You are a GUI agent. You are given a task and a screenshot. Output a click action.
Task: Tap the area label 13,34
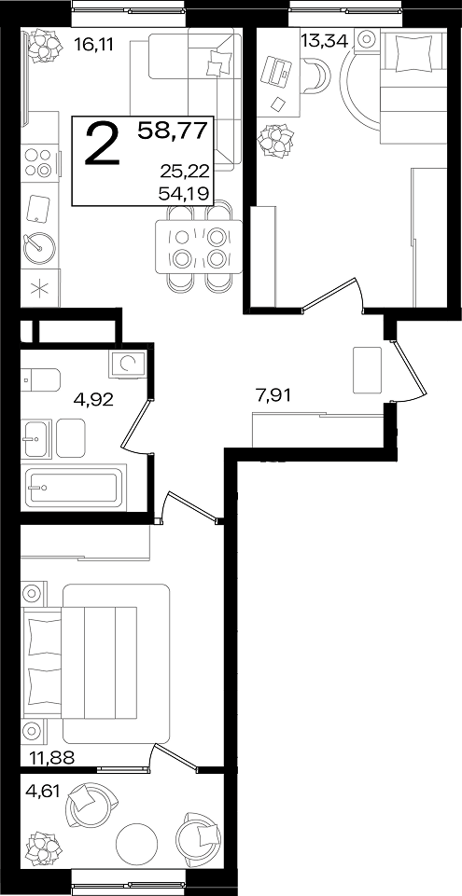[324, 41]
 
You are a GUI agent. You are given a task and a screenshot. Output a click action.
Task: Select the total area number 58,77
[172, 131]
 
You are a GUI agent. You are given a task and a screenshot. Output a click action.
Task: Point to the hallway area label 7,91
[273, 395]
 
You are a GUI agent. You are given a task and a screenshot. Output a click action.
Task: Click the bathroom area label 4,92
[93, 398]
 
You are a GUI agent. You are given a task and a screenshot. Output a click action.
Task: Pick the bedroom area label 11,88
[52, 758]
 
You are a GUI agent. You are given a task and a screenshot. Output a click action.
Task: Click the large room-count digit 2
[103, 145]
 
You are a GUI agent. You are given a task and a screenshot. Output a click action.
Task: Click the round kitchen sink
[39, 247]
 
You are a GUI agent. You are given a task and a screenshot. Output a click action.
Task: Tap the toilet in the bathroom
[40, 379]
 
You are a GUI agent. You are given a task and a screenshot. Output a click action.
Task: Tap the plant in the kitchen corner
[45, 44]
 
